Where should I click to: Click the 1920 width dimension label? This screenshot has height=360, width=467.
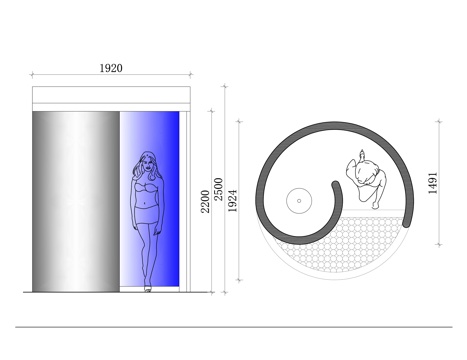[x=111, y=68]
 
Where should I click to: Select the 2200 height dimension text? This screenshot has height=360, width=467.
[x=205, y=201]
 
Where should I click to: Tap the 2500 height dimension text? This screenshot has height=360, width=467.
[x=218, y=189]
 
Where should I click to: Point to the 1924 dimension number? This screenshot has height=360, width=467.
[x=232, y=201]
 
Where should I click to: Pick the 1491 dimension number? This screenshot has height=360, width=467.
[x=432, y=183]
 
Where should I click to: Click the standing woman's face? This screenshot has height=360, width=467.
[x=147, y=164]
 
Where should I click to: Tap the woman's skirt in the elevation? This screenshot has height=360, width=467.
[x=146, y=214]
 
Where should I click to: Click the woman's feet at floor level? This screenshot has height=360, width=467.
[x=147, y=289]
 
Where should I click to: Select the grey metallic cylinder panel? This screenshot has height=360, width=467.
[x=76, y=202]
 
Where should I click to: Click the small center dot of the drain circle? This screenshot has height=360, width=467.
[x=299, y=201]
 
